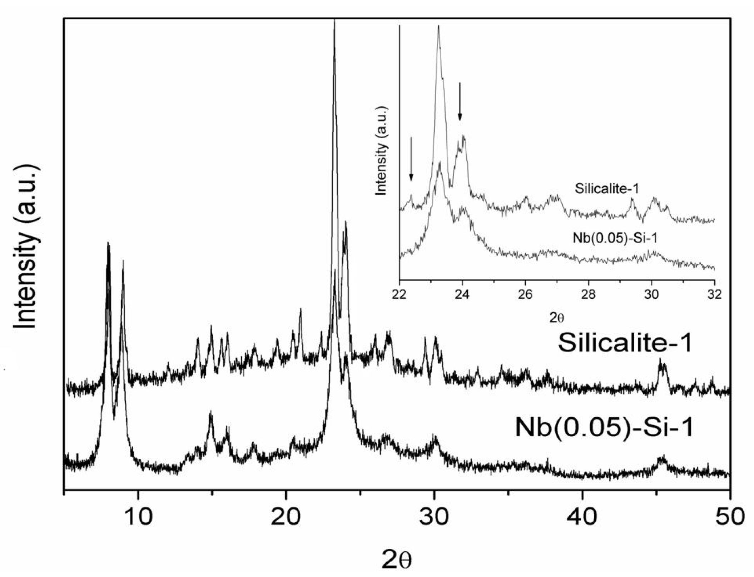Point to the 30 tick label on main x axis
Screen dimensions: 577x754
(434, 517)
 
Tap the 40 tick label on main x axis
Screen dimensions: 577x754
(582, 517)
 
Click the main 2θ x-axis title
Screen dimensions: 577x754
(396, 559)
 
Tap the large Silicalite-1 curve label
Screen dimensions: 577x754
(625, 343)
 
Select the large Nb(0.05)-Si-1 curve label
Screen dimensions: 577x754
(604, 427)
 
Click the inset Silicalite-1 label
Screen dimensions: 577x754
(606, 189)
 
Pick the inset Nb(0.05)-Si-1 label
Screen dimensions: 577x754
(615, 238)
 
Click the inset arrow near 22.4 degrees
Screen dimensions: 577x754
(411, 159)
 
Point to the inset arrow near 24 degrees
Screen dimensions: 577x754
(460, 102)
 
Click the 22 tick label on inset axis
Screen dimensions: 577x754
(400, 295)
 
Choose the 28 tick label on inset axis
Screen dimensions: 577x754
(589, 295)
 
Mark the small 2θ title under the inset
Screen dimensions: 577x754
(556, 318)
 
